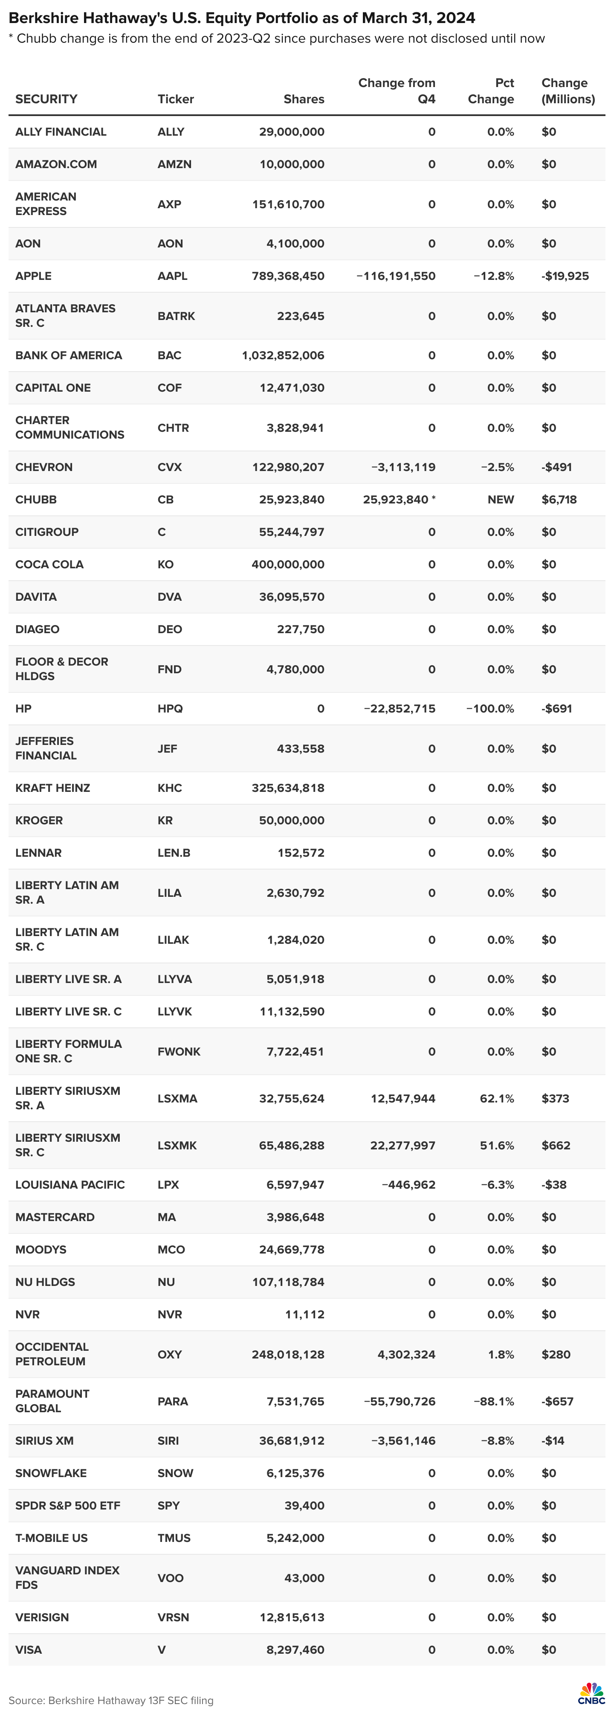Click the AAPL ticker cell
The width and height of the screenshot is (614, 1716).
[x=173, y=276]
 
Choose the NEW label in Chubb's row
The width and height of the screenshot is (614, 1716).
[x=500, y=500]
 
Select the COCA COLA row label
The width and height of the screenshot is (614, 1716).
[x=49, y=564]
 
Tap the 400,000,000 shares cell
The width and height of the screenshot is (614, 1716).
[x=288, y=564]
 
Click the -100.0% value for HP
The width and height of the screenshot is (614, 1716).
[x=490, y=709]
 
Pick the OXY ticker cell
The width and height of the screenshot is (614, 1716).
[x=170, y=1354]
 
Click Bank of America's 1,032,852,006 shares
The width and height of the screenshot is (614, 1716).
[x=283, y=355]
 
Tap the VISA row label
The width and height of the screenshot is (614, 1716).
[x=29, y=1649]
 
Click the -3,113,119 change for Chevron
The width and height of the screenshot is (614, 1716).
[x=403, y=467]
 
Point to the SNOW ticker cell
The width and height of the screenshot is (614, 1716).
[x=175, y=1473]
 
